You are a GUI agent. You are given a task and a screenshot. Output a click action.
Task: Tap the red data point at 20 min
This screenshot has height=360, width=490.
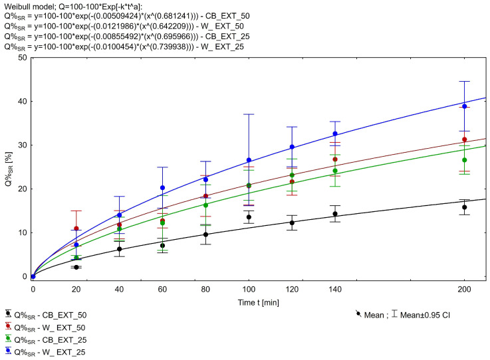pyautogui.click(x=76, y=228)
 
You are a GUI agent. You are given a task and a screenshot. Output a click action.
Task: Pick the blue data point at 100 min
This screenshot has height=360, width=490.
pyautogui.click(x=249, y=160)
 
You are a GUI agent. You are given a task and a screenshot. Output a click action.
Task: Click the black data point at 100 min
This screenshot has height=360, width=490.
pyautogui.click(x=249, y=217)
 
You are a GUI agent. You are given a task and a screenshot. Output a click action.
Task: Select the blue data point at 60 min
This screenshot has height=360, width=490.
pyautogui.click(x=163, y=188)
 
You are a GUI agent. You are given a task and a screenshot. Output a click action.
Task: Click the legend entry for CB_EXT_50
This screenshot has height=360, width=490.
pyautogui.click(x=50, y=315)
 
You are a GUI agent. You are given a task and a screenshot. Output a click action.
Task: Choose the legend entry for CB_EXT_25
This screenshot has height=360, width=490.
pyautogui.click(x=50, y=339)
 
